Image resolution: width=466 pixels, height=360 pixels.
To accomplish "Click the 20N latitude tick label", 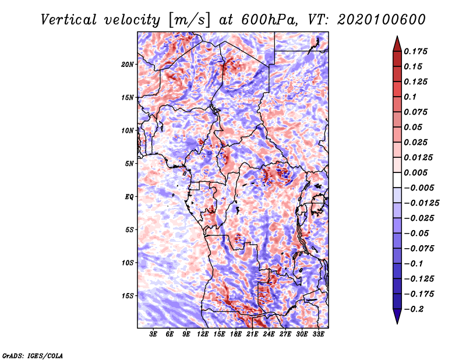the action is coord(128,65).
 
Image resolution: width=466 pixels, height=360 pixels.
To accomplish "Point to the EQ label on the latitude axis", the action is coord(129,197).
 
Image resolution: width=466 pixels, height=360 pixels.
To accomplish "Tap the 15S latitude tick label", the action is coord(128,296).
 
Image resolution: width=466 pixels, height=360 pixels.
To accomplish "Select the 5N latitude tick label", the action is coord(129,164).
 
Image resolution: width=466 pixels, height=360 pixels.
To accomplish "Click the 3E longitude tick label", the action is coord(153,334).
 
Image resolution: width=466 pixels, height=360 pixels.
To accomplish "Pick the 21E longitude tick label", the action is coord(252,334).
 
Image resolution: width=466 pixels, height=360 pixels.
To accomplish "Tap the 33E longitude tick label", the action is coord(318,334).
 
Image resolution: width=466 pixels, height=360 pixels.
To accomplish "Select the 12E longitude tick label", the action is coord(203,334).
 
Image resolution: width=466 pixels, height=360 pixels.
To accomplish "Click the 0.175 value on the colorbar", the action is coord(416,51).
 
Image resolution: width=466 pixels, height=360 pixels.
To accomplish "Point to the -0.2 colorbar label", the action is coord(414,309).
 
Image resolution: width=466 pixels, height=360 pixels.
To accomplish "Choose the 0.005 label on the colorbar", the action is coord(416,172).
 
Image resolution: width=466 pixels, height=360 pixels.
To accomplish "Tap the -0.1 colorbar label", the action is coord(414,264).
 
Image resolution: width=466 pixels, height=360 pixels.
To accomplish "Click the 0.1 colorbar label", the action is coord(410,97).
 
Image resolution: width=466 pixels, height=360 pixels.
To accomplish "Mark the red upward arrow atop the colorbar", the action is coord(397,44).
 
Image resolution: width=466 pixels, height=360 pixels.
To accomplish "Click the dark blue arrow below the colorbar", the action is coord(397,316).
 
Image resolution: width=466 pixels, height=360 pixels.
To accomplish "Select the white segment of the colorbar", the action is coord(397,180).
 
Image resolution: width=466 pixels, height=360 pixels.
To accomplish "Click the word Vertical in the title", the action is coord(69,20).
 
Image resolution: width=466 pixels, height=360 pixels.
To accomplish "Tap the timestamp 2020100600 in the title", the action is coord(382,20).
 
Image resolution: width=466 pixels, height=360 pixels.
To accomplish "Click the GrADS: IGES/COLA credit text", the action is coord(33,356).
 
